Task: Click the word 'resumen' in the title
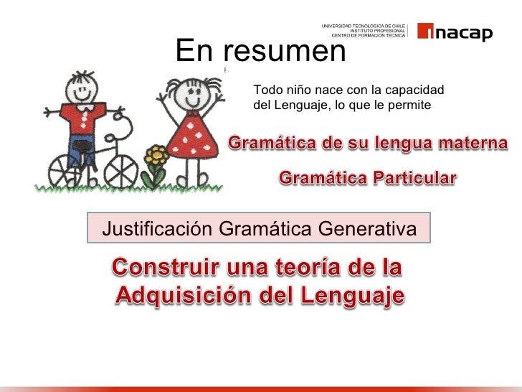pyautogui.click(x=284, y=50)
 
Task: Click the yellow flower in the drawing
pyautogui.click(x=156, y=155)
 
